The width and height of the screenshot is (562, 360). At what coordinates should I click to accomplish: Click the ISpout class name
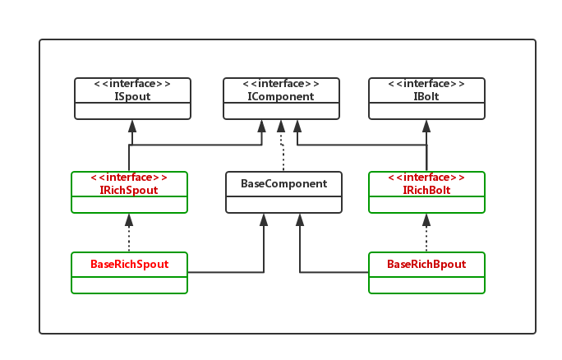pyautogui.click(x=132, y=96)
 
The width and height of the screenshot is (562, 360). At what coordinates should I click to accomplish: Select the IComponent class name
pyautogui.click(x=281, y=96)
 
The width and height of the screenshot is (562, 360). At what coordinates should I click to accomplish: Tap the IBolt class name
pyautogui.click(x=426, y=96)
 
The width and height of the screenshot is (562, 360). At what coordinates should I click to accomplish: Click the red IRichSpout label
pyautogui.click(x=128, y=190)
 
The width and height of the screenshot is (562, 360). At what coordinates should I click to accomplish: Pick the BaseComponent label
pyautogui.click(x=283, y=183)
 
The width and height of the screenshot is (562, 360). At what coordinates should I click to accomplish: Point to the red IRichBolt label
pyautogui.click(x=426, y=190)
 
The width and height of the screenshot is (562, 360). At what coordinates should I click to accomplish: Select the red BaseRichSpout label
pyautogui.click(x=130, y=265)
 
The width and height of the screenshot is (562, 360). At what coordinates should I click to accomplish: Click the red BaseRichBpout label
pyautogui.click(x=426, y=265)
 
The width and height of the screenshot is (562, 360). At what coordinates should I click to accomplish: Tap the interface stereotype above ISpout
pyautogui.click(x=132, y=84)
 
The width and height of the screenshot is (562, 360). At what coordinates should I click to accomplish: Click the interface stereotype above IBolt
pyautogui.click(x=426, y=84)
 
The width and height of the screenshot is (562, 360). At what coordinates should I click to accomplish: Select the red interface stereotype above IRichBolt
pyautogui.click(x=426, y=178)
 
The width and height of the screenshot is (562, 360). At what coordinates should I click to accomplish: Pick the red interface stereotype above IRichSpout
pyautogui.click(x=128, y=178)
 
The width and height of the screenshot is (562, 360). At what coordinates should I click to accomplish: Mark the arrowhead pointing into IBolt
pyautogui.click(x=426, y=126)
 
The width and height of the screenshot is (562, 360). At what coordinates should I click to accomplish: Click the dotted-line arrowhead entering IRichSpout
pyautogui.click(x=129, y=219)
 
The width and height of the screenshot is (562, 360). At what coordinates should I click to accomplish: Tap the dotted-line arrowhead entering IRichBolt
pyautogui.click(x=426, y=219)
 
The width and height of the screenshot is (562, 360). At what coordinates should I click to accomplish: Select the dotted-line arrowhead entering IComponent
pyautogui.click(x=281, y=126)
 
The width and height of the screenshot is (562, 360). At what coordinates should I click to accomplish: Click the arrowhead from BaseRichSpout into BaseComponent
pyautogui.click(x=264, y=219)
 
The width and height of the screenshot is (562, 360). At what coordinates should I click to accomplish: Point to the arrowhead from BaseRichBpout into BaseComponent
pyautogui.click(x=300, y=219)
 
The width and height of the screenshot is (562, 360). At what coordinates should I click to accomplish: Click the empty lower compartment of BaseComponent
pyautogui.click(x=283, y=203)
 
